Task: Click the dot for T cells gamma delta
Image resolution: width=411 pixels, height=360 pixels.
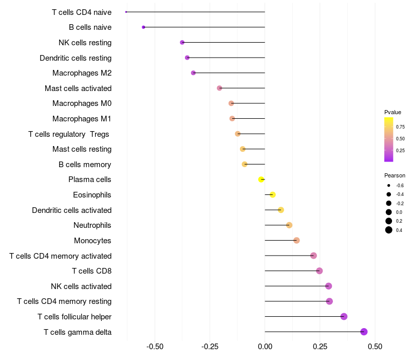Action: [364, 332]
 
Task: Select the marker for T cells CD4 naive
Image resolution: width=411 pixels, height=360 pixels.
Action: [126, 12]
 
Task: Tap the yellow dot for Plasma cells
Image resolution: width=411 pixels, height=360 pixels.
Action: [261, 179]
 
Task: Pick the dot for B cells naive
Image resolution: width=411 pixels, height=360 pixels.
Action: [143, 27]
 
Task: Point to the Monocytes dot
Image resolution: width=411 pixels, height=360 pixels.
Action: [296, 240]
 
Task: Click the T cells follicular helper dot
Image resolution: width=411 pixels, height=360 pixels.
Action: [344, 316]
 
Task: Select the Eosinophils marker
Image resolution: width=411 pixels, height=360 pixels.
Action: [273, 194]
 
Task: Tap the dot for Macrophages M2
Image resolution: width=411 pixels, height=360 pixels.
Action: [193, 73]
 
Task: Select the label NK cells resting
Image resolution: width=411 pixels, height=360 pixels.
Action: [85, 43]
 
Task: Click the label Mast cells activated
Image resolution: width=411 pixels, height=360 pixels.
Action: [78, 88]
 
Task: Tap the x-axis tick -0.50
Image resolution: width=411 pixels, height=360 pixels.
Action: [155, 347]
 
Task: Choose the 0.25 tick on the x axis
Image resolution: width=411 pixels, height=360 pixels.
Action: [320, 347]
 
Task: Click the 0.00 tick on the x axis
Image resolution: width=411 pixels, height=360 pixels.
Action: [265, 347]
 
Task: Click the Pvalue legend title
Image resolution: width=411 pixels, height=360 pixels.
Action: [393, 112]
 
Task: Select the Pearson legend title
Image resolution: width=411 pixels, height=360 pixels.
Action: [395, 175]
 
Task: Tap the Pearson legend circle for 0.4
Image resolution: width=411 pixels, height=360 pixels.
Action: [389, 230]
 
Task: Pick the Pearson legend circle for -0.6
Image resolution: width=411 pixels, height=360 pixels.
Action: [389, 185]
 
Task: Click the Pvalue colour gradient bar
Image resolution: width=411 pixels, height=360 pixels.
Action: [389, 139]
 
